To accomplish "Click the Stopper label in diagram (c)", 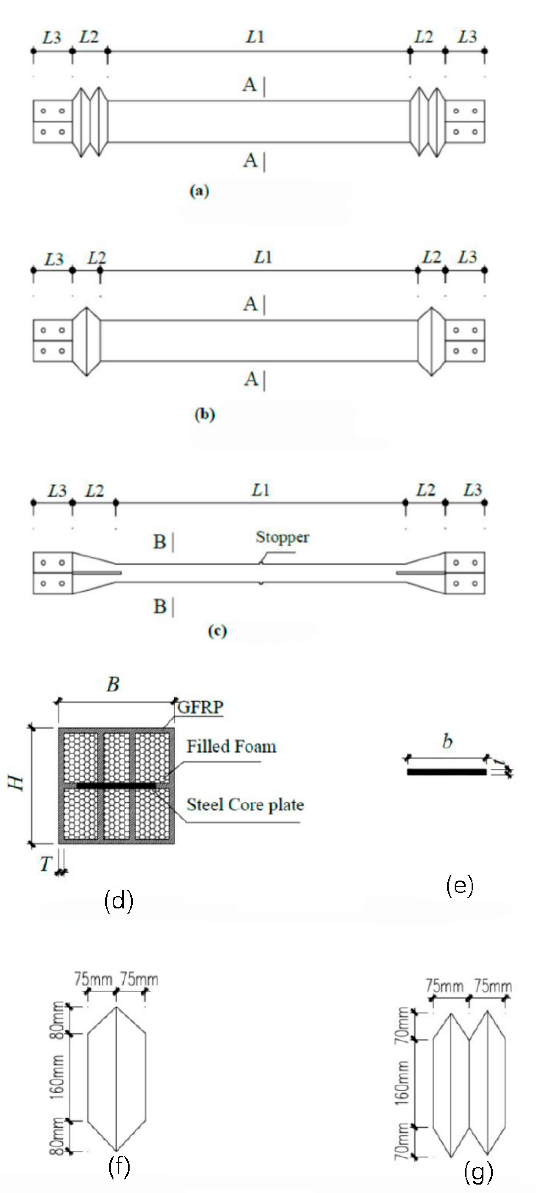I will tap(282, 537).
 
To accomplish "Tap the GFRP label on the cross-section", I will tap(200, 707).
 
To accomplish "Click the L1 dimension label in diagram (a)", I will tap(255, 37).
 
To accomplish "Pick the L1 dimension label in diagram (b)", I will tap(263, 257).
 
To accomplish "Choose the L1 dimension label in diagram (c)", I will tap(260, 490).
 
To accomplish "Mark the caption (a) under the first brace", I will tap(199, 191).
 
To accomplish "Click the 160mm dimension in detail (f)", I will tap(57, 1077).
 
